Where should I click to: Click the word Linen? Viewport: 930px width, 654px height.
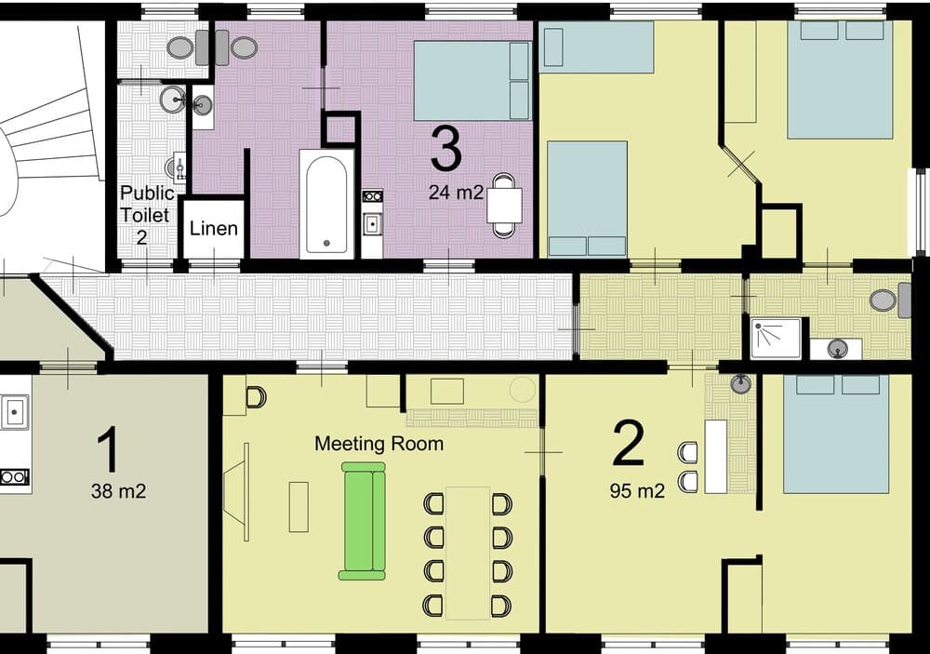point(214,229)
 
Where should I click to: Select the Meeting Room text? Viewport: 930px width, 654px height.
point(379,444)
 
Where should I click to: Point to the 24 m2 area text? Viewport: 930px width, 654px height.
point(456,194)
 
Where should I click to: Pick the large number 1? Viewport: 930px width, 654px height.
point(109,450)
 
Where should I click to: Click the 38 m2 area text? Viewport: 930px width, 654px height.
point(119,491)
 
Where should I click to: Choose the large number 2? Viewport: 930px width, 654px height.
point(629,444)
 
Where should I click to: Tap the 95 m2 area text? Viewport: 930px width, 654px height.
point(637,491)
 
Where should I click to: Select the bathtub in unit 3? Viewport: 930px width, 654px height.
point(326,203)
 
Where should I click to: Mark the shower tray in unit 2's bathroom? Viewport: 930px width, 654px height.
point(776,338)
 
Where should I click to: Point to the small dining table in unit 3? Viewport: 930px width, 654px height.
point(504,205)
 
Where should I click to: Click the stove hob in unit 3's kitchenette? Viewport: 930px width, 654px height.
point(372,196)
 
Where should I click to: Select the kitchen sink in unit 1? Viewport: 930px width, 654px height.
point(13,410)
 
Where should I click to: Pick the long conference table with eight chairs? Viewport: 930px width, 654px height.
point(468,553)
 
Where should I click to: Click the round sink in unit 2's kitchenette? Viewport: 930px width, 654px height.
point(740,384)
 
